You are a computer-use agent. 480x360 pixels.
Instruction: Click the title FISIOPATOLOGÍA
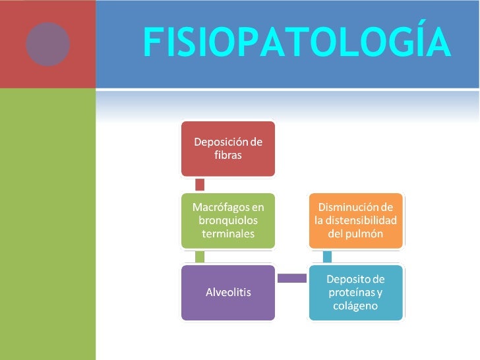coord(297,44)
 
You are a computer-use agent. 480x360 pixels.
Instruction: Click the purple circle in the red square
coord(47,44)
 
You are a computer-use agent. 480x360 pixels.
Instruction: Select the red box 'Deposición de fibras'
coord(227,148)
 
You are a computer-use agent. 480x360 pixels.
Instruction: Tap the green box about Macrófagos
coord(227,221)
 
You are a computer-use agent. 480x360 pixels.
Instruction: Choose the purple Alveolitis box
coord(227,292)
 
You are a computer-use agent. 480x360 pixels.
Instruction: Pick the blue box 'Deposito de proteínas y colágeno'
coord(355,292)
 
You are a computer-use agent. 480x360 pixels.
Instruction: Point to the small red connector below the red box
coord(200,185)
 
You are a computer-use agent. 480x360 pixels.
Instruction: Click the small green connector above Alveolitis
coord(200,256)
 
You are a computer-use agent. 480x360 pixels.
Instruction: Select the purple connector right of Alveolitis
coord(291,279)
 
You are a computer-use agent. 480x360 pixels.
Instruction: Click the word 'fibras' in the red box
coord(228,156)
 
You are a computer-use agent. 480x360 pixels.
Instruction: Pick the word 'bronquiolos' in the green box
coord(228,220)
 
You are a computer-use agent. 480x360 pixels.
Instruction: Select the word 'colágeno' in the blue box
coord(355,305)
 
